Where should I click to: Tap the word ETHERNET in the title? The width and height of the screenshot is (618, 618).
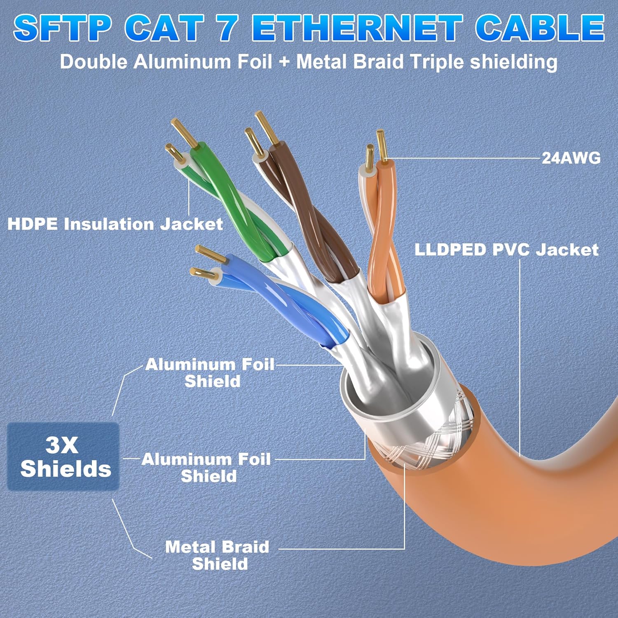[358, 28]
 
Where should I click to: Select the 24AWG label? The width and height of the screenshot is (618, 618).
[571, 158]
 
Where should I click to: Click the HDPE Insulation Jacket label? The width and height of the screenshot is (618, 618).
[115, 224]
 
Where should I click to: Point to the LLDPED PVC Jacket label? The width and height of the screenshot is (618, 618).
[506, 250]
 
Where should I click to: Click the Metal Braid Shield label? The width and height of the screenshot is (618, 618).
[218, 555]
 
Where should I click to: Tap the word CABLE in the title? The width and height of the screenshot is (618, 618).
[540, 28]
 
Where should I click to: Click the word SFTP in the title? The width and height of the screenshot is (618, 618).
[63, 28]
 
